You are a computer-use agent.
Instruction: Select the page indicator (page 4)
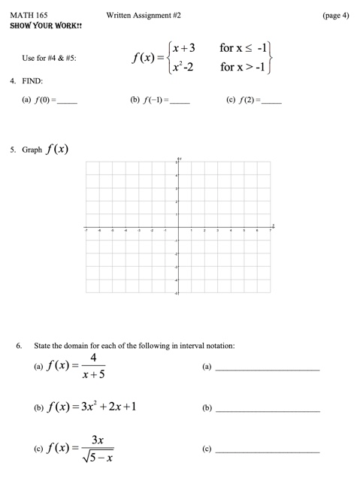tap(333, 14)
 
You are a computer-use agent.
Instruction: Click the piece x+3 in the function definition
tap(183, 48)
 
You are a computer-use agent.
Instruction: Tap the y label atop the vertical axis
tap(180, 159)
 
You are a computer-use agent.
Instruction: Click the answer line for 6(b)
tap(268, 410)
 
